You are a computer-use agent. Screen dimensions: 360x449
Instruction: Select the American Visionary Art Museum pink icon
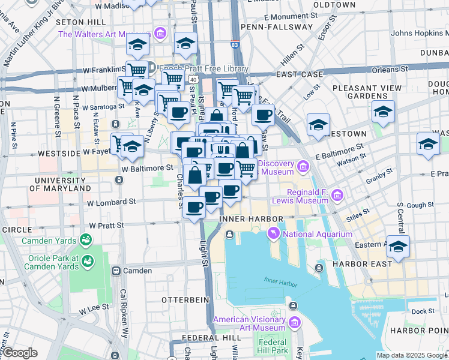click(x=294, y=323)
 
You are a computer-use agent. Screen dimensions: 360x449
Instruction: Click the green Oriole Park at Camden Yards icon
click(x=88, y=262)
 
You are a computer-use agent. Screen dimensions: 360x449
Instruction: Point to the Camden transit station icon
click(x=116, y=271)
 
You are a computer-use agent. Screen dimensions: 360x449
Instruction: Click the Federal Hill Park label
click(x=273, y=346)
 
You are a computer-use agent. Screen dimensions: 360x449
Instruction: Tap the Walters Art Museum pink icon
click(x=160, y=32)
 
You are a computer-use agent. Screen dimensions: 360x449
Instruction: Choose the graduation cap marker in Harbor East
click(x=398, y=247)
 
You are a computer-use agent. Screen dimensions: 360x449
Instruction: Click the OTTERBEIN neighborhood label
click(x=184, y=299)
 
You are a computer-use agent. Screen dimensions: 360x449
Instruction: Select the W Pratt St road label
click(x=106, y=226)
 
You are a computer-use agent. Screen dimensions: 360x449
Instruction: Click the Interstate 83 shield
click(x=235, y=44)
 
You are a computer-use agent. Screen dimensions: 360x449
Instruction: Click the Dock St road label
click(x=423, y=311)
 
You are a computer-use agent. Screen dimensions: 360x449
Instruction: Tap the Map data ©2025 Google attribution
click(x=411, y=355)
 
